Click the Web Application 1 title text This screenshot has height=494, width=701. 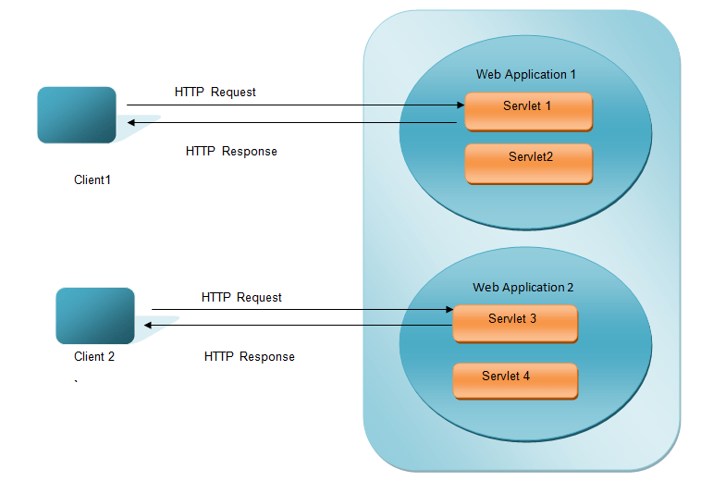click(x=526, y=74)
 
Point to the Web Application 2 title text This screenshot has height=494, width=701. click(x=523, y=288)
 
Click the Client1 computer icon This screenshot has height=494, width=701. click(x=77, y=115)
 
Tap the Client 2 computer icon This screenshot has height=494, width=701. click(x=95, y=315)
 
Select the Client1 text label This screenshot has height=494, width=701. click(x=92, y=179)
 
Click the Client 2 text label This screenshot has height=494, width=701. click(x=94, y=356)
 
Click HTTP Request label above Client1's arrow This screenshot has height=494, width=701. click(x=215, y=92)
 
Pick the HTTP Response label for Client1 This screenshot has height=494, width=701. click(x=231, y=151)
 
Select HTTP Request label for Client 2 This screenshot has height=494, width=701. click(x=241, y=297)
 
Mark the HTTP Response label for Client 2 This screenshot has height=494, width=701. click(x=249, y=356)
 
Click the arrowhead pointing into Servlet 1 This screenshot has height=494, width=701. click(x=460, y=105)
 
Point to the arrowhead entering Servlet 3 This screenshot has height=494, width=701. click(x=448, y=310)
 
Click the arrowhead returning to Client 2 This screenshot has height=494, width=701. click(x=146, y=325)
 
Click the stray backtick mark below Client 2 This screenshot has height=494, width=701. click(x=76, y=380)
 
